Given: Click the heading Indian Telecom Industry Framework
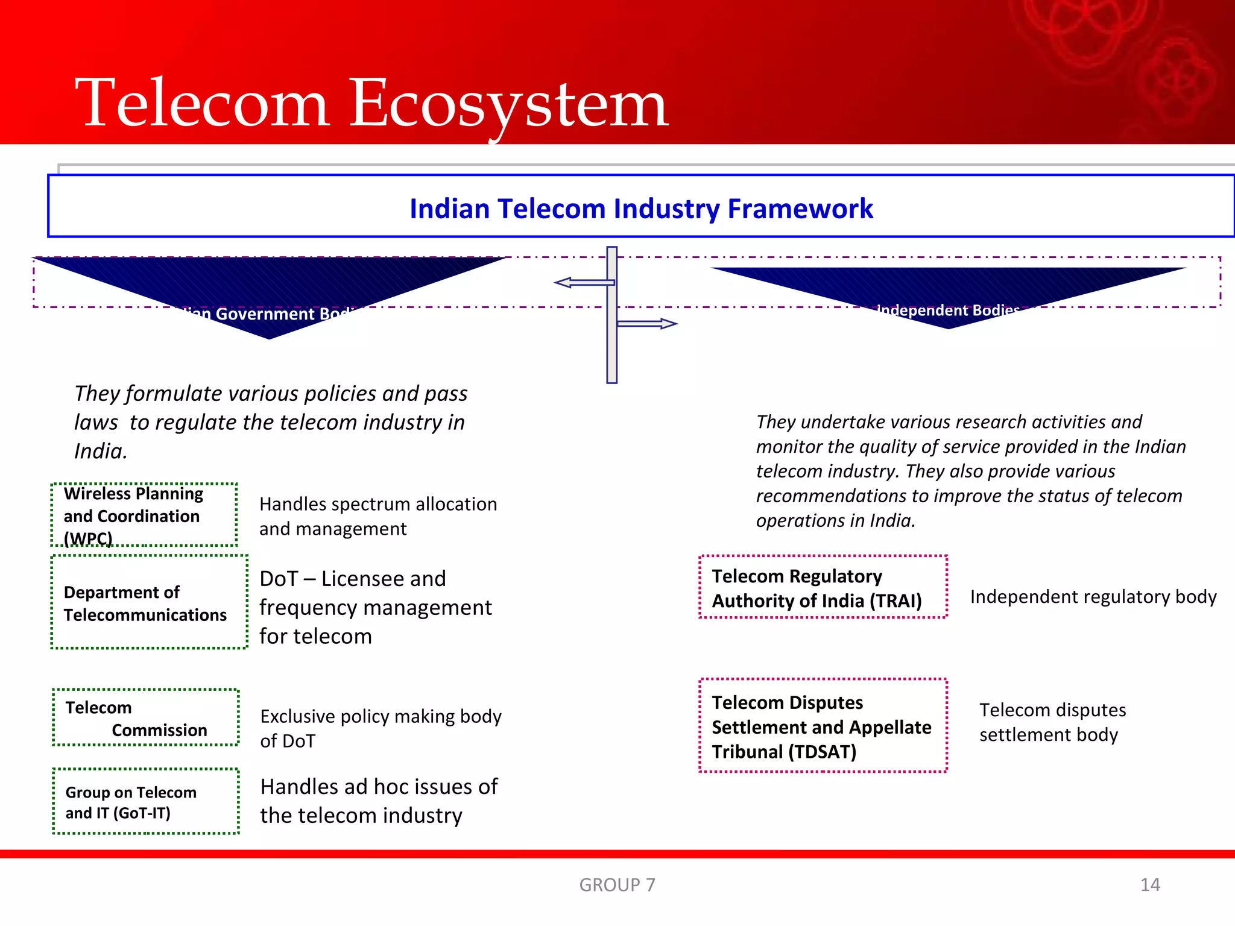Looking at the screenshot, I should [x=641, y=209].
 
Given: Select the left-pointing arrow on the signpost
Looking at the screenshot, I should [x=583, y=282].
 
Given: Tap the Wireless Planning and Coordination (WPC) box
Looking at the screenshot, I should [x=144, y=515].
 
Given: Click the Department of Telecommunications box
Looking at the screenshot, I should [x=149, y=602].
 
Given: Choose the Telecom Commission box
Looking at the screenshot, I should [x=145, y=718].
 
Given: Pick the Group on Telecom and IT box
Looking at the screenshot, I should [x=145, y=802].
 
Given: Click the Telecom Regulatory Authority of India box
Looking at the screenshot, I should [x=823, y=588].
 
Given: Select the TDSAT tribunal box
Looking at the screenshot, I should [x=823, y=726].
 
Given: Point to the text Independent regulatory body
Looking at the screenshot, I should [x=1093, y=597].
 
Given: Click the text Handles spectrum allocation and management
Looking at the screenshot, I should [x=378, y=516].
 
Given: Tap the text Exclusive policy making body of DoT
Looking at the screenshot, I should [x=381, y=728].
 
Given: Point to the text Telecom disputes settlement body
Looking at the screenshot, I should [x=1052, y=722].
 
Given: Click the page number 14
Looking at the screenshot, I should [x=1150, y=884].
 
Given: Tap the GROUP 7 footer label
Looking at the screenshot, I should [x=617, y=884].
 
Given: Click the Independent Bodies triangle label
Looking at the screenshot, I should [x=947, y=310].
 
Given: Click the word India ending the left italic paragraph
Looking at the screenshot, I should [x=99, y=452].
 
